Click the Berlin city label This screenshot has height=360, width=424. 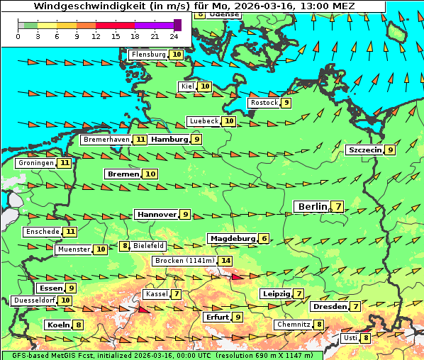point(312,207)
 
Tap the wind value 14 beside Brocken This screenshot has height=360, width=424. point(225,261)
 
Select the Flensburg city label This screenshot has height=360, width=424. point(148,55)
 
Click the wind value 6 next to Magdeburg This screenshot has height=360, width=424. point(264,239)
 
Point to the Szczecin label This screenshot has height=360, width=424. point(364,150)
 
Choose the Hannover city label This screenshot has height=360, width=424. point(157,215)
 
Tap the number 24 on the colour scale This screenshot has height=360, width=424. point(174,36)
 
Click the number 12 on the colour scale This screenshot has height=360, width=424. point(96,36)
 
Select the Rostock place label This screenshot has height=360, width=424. point(264,103)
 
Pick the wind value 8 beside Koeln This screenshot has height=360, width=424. point(78,325)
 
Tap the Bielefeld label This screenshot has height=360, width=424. point(148,246)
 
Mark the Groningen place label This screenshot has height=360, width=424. point(36,163)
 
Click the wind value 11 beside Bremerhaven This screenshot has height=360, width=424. point(140,140)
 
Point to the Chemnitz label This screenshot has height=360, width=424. point(294,325)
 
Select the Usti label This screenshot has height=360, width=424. point(350,338)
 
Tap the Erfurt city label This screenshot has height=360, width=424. point(217,317)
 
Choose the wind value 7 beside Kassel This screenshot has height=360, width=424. point(176,294)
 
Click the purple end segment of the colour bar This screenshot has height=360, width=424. point(177,25)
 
